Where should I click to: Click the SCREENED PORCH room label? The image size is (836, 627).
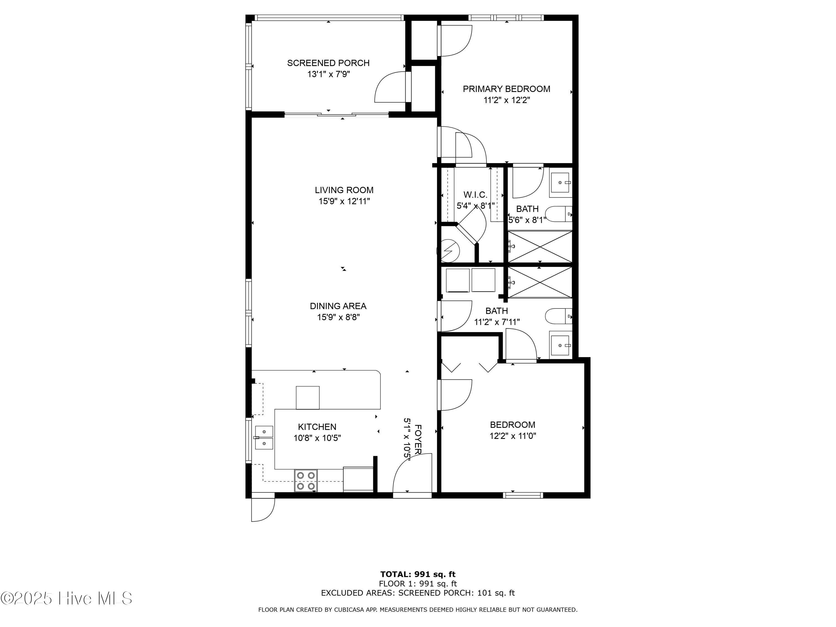(x=328, y=63)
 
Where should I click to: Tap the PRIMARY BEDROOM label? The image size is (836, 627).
(x=506, y=89)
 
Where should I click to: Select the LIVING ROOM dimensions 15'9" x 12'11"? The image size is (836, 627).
(x=344, y=201)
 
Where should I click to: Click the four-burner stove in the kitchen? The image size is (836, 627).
(x=306, y=480)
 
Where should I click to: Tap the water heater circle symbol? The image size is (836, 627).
(x=448, y=251)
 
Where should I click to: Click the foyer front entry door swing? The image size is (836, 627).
(x=412, y=473)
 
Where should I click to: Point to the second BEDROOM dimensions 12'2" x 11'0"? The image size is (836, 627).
(x=513, y=436)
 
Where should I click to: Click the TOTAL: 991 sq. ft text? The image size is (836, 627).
(x=418, y=574)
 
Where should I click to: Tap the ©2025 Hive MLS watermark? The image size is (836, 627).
(x=67, y=598)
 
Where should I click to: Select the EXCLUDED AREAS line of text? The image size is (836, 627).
(x=418, y=593)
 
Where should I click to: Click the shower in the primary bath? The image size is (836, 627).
(x=540, y=246)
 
